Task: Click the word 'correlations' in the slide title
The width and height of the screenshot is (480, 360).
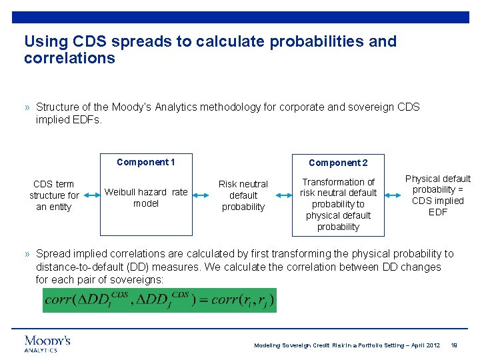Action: (69, 58)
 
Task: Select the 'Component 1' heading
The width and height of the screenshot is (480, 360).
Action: (145, 162)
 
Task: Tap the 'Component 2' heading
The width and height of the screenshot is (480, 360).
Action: (338, 163)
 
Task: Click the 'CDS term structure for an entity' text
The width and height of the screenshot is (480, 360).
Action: (54, 195)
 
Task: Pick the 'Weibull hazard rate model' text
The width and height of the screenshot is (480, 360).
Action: (146, 197)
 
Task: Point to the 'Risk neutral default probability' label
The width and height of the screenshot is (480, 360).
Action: (243, 195)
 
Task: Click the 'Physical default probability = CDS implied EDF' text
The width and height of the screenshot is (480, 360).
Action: (438, 195)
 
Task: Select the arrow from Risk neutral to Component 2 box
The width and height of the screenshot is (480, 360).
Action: (281, 195)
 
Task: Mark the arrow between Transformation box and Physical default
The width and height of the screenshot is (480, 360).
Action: (395, 195)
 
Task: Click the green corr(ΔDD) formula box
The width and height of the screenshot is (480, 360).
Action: (159, 300)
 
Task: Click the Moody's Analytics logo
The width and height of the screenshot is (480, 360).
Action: (47, 343)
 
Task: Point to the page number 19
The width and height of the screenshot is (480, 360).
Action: (454, 345)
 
